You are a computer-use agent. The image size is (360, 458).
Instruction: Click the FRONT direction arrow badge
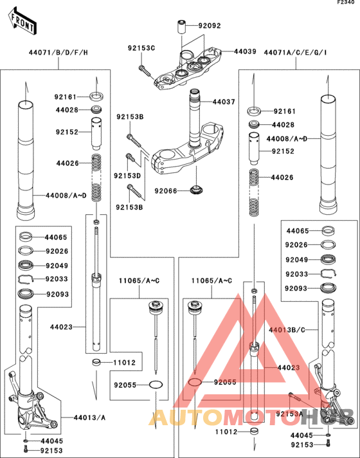click(x=22, y=21)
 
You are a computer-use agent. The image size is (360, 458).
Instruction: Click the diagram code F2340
click(x=346, y=4)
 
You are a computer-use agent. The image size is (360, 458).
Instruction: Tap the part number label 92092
click(x=209, y=26)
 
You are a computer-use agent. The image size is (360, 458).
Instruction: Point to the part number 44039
click(x=244, y=51)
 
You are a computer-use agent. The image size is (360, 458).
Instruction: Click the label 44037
click(x=224, y=102)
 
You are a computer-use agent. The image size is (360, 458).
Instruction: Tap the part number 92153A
click(x=289, y=414)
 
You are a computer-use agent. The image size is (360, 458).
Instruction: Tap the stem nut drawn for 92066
click(x=197, y=190)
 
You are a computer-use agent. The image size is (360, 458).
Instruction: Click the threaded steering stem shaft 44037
click(x=195, y=109)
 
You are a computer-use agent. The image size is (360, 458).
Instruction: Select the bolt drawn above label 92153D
click(x=130, y=157)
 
